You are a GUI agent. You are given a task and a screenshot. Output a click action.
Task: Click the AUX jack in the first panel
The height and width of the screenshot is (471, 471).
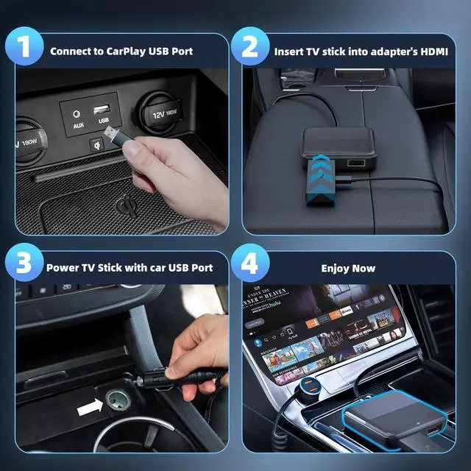[77, 115]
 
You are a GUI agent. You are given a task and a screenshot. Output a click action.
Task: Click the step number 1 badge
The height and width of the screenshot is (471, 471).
[23, 49]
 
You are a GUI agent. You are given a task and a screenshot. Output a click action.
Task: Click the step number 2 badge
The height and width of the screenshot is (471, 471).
[250, 49]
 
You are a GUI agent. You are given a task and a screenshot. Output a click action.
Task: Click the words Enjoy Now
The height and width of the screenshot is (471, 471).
[347, 269]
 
